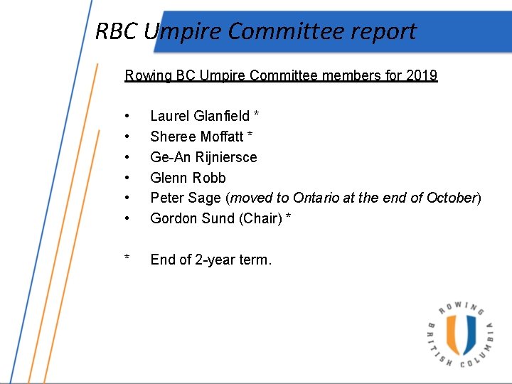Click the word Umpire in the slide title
click(182, 31)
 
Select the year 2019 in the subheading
click(423, 75)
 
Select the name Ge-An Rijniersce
click(203, 157)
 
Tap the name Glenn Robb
click(188, 178)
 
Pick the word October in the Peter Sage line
click(451, 198)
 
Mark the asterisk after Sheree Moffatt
click(250, 135)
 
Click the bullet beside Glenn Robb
click(127, 178)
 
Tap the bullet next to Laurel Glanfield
click(127, 116)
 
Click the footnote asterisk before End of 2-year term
click(127, 259)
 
